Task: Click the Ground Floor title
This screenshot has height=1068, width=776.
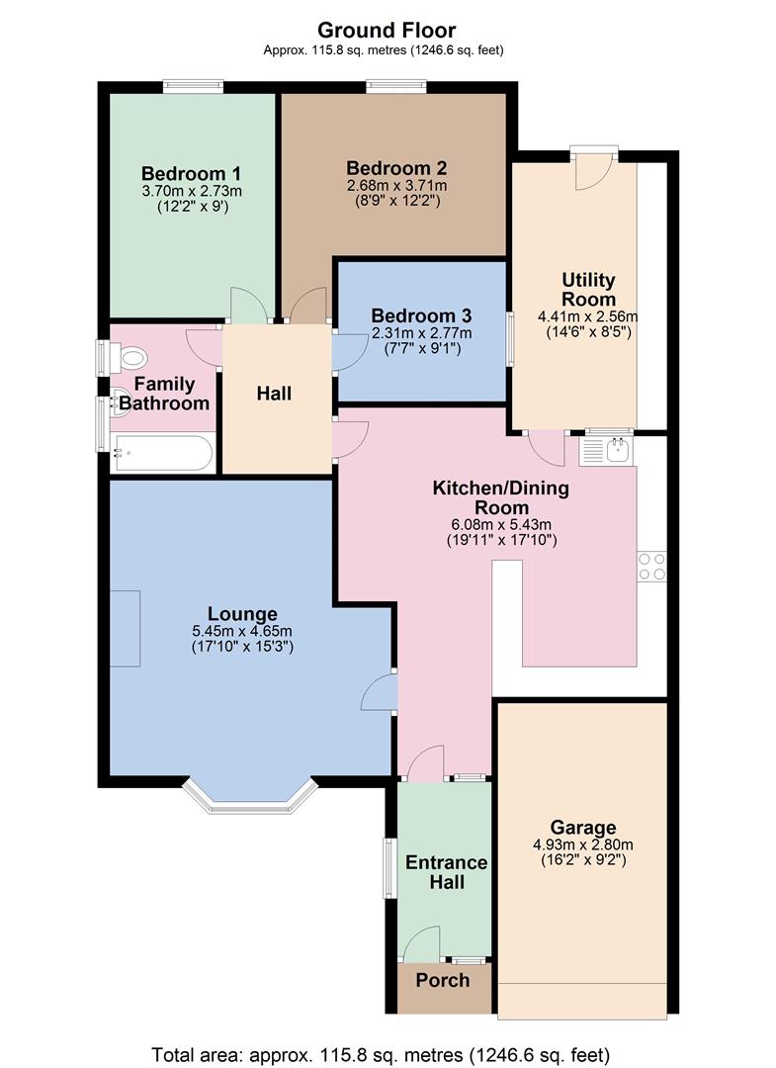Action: point(386,30)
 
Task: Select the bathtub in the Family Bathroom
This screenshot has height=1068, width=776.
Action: point(162,453)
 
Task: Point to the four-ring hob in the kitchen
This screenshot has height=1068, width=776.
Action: point(651,567)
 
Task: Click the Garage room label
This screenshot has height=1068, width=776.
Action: point(583,828)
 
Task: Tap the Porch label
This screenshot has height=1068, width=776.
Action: point(442,980)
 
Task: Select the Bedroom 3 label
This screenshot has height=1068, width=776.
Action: point(421,315)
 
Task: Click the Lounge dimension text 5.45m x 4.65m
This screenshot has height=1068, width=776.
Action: point(242,631)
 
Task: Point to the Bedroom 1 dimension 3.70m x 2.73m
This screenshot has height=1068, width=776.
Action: point(192,191)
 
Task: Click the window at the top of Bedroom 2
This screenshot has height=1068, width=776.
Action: point(395,88)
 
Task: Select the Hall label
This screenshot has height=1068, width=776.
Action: point(274,394)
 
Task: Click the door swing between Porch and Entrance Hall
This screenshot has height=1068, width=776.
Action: point(423,944)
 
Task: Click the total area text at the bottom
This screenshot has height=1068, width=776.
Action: point(381,1052)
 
